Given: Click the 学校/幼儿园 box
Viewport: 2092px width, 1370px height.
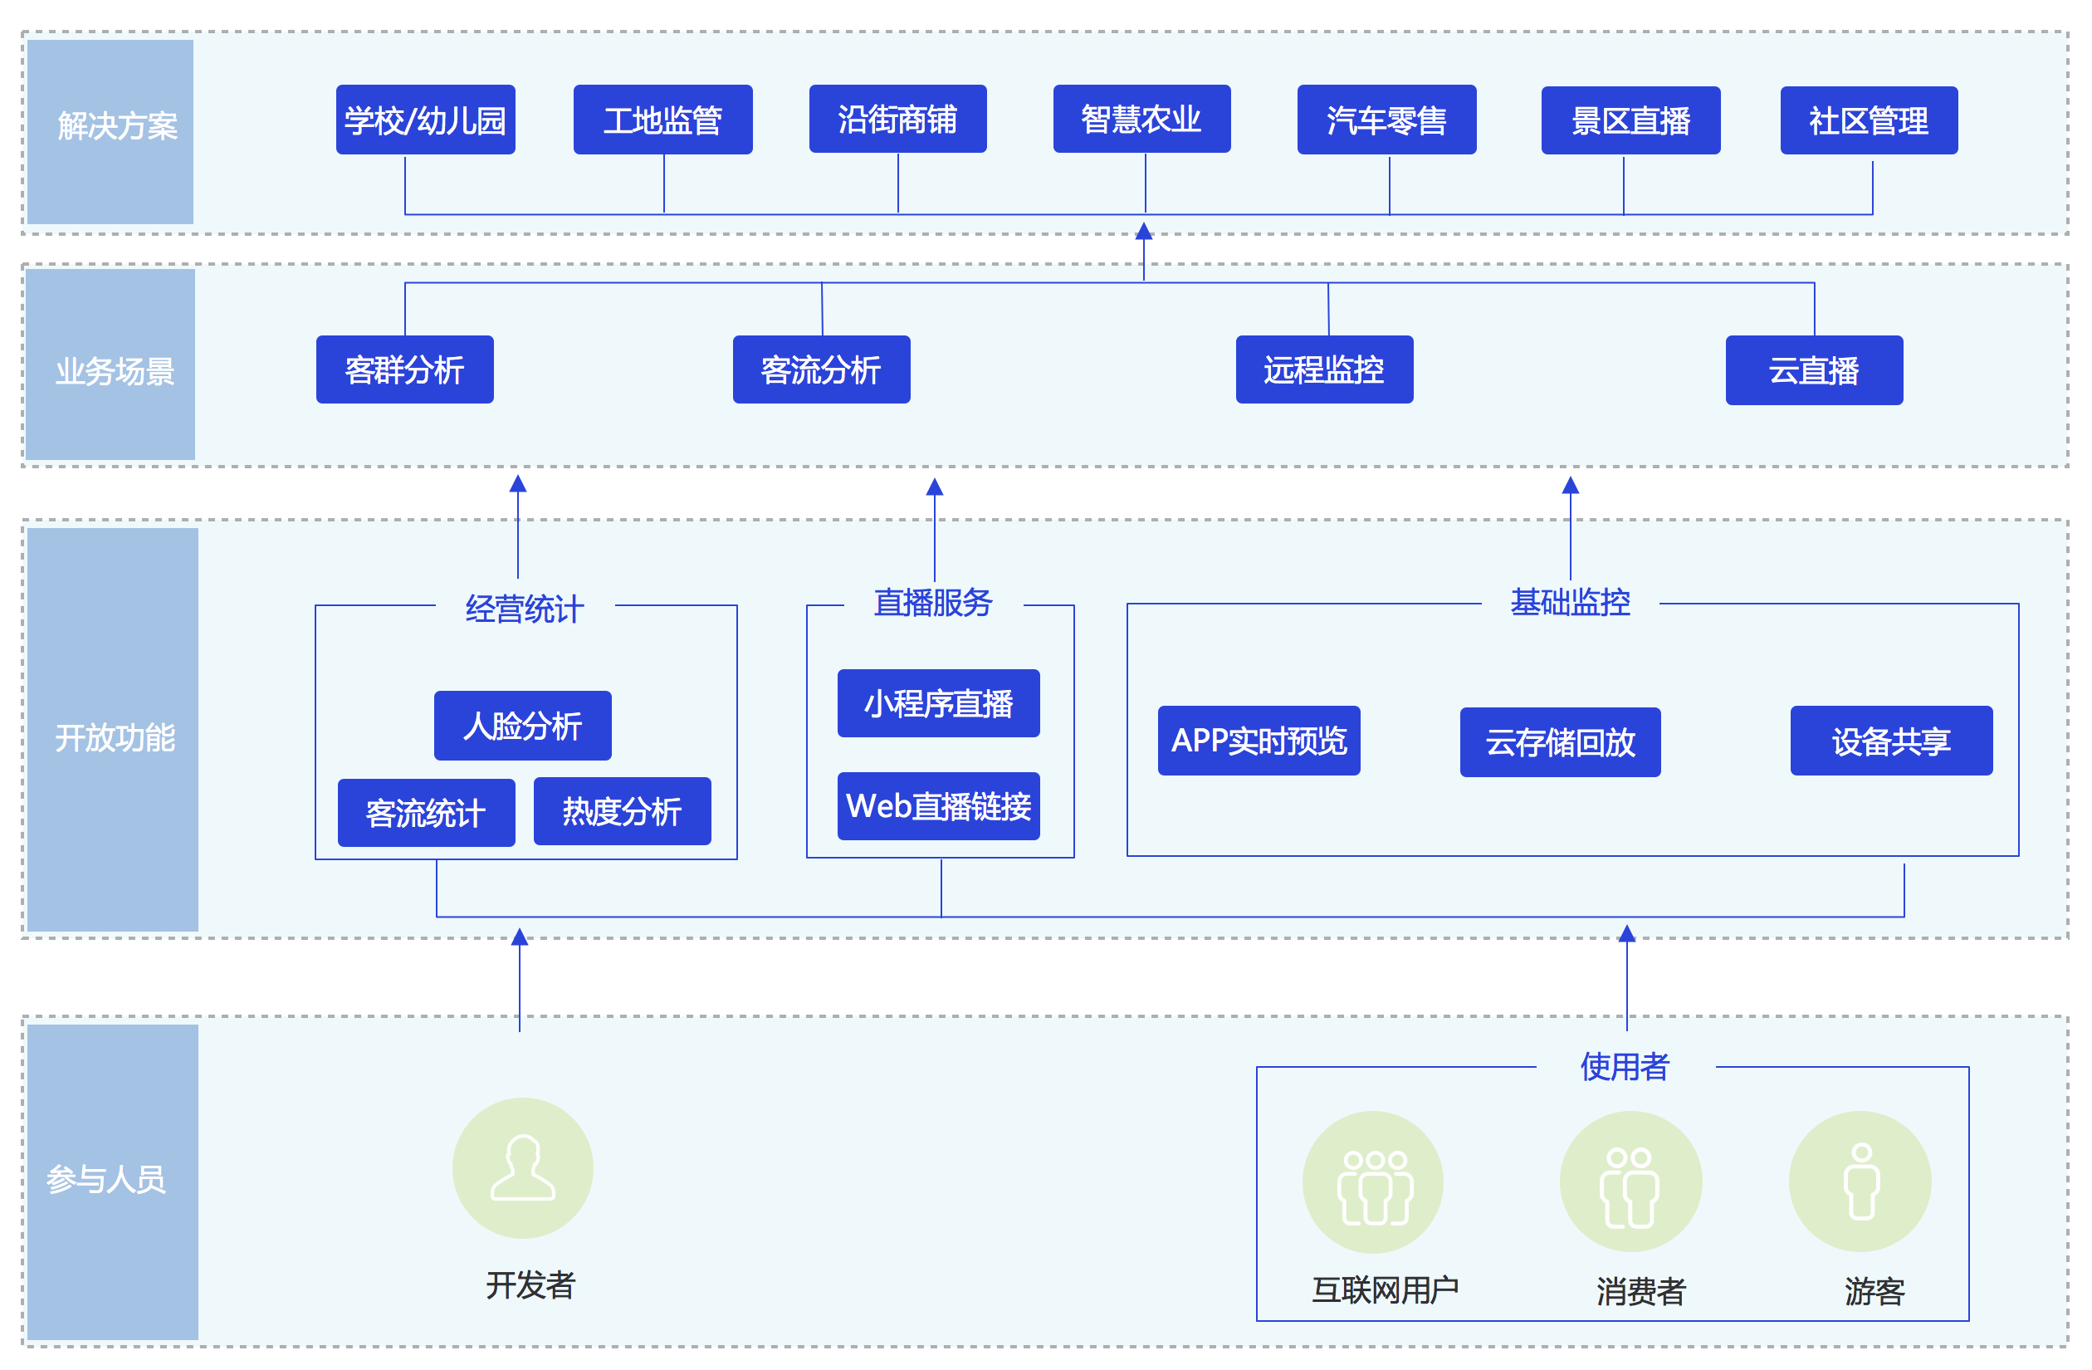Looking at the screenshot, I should coord(425,120).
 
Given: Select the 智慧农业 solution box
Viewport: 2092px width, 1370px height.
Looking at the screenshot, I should coord(1141,119).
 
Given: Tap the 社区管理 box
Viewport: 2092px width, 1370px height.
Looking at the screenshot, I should coord(1868,120).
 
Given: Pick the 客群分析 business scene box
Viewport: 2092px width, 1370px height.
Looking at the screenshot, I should coord(404,369).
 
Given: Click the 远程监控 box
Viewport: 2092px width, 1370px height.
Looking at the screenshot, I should coord(1324,369).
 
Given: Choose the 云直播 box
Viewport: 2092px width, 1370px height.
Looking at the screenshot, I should coord(1813,370).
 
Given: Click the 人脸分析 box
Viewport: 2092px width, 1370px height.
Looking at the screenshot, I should coord(522,726).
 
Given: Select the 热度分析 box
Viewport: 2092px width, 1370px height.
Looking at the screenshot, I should coord(622,810).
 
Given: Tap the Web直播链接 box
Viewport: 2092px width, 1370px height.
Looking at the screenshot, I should coord(938,805).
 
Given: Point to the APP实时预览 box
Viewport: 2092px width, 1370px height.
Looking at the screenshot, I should coord(1258,741).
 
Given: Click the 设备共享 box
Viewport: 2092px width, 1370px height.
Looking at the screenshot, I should coord(1891,741).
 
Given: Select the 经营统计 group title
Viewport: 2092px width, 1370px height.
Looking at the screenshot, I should coord(525,609).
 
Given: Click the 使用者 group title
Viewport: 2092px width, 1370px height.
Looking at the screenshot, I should coord(1625,1066).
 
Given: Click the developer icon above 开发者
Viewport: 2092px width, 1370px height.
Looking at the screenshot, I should coord(522,1167).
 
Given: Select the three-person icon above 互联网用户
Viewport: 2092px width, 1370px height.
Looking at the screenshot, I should coord(1373,1182).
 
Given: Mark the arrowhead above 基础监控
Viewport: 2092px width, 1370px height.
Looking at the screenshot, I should coord(1570,486).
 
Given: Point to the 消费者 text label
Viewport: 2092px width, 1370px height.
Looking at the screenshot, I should coord(1640,1291).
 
